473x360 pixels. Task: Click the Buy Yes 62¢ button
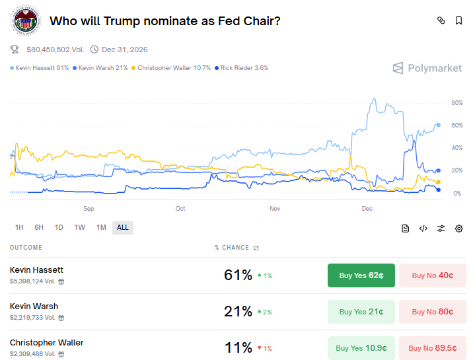[x=361, y=275]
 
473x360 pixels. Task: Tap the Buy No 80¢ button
[x=432, y=312]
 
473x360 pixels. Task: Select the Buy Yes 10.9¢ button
[x=361, y=348]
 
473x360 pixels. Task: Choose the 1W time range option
[x=80, y=228]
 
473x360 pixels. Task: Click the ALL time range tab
[x=123, y=228]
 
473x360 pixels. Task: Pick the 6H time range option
[x=39, y=228]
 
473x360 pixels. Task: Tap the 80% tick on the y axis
[x=439, y=103]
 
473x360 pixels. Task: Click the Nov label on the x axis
[x=275, y=209]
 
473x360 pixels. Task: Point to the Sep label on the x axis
[x=89, y=209]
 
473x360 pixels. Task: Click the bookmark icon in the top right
[x=458, y=21]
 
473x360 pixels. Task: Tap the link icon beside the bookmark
[x=441, y=21]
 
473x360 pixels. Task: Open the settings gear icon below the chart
[x=458, y=229]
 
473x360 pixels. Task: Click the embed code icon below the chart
[x=423, y=229]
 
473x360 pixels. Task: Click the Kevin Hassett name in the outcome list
[x=36, y=270]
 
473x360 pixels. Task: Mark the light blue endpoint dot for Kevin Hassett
[x=438, y=125]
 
